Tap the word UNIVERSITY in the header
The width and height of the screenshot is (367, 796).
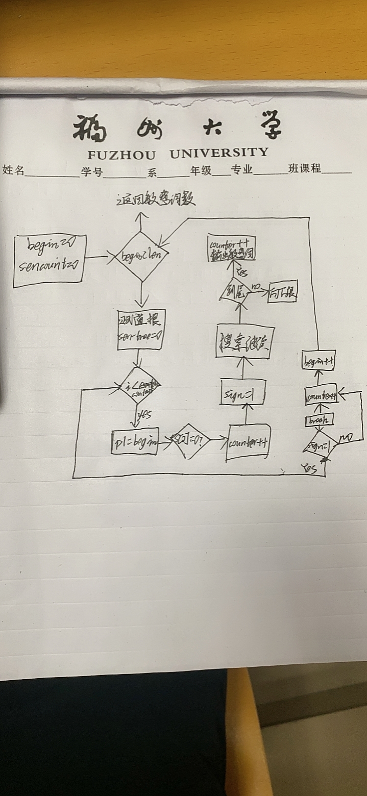[218, 153]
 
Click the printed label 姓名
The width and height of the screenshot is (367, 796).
[14, 170]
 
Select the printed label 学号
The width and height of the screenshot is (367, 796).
[92, 171]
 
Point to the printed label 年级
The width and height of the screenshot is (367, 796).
[201, 170]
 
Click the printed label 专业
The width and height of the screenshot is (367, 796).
[242, 170]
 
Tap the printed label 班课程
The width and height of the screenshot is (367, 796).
[304, 169]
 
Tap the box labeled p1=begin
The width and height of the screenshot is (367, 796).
[135, 442]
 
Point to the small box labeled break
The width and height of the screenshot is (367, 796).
[319, 420]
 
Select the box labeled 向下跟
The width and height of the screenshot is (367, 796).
[282, 292]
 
